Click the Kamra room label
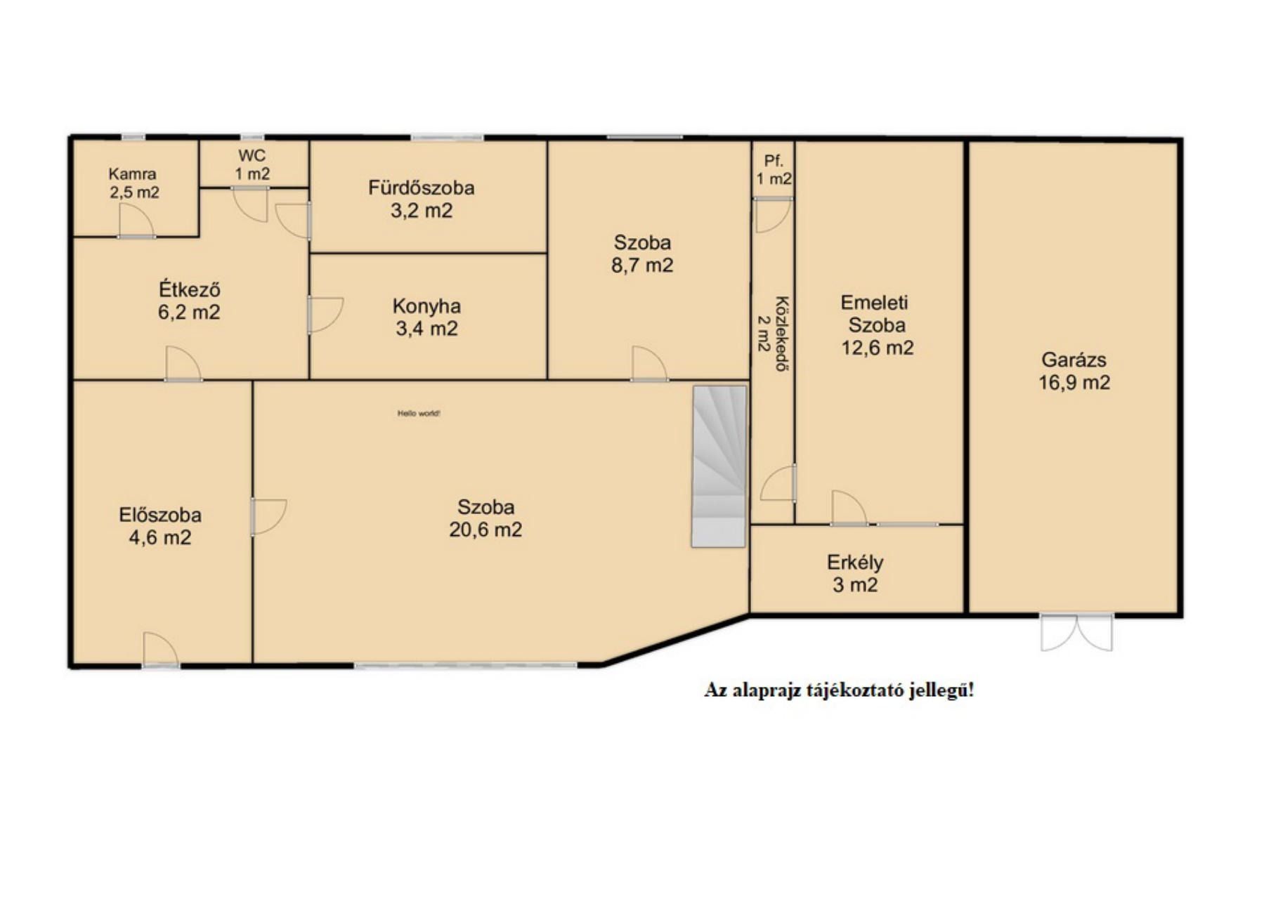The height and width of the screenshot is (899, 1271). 133,183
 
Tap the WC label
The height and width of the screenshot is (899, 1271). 252,164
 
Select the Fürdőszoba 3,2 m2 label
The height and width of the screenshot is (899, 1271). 422,199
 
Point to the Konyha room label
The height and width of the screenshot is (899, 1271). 426,317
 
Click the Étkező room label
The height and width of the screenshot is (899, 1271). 189,300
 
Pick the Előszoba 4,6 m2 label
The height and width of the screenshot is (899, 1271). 160,526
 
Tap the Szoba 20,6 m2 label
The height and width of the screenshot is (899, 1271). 485,518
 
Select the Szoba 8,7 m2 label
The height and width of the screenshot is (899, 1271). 642,254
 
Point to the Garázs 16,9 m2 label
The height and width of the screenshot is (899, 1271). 1074,371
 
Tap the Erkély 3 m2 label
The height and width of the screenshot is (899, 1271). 855,573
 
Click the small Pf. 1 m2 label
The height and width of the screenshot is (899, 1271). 774,170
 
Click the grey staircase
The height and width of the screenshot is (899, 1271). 719,466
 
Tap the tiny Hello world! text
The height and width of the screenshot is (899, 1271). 419,414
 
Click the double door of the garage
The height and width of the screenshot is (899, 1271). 1076,632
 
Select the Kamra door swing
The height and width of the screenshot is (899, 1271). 136,221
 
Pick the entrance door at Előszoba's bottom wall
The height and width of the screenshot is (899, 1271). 161,649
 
